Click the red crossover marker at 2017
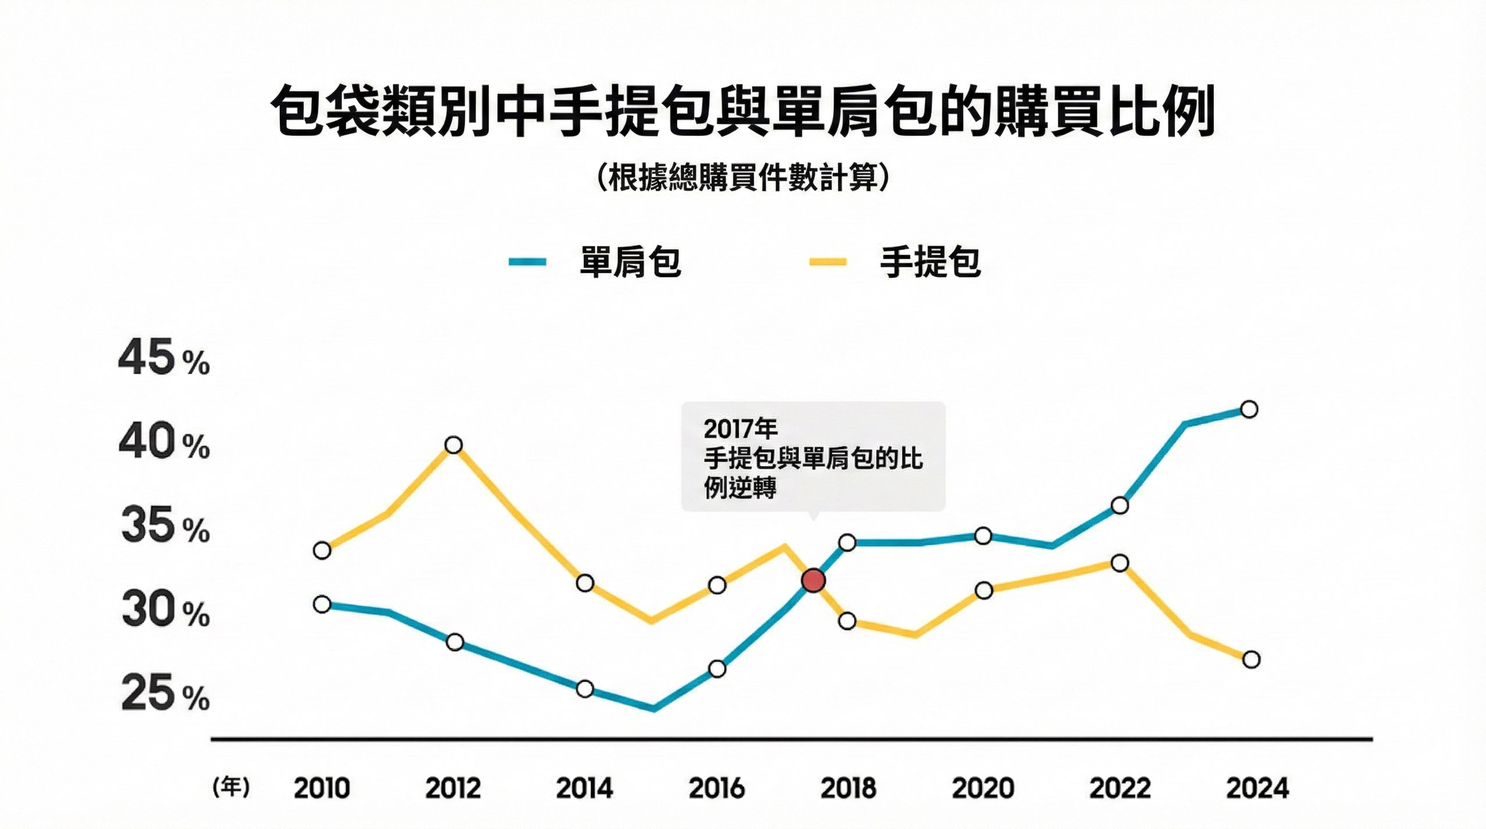(x=813, y=580)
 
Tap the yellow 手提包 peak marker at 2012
(x=454, y=445)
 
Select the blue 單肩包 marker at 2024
(x=1249, y=409)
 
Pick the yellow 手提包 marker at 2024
(x=1251, y=659)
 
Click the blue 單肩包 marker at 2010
(x=322, y=605)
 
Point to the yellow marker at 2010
(x=322, y=550)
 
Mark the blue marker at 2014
(x=585, y=689)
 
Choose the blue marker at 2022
(x=1120, y=506)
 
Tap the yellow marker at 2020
(x=983, y=591)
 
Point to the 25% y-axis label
(x=165, y=694)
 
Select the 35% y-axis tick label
(x=165, y=526)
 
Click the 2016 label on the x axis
(x=717, y=788)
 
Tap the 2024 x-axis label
(x=1257, y=788)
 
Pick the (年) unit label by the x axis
(x=231, y=787)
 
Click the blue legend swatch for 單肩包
(x=527, y=262)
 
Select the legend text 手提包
(x=930, y=262)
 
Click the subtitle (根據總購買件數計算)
(x=743, y=177)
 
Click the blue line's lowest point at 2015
(x=654, y=708)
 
